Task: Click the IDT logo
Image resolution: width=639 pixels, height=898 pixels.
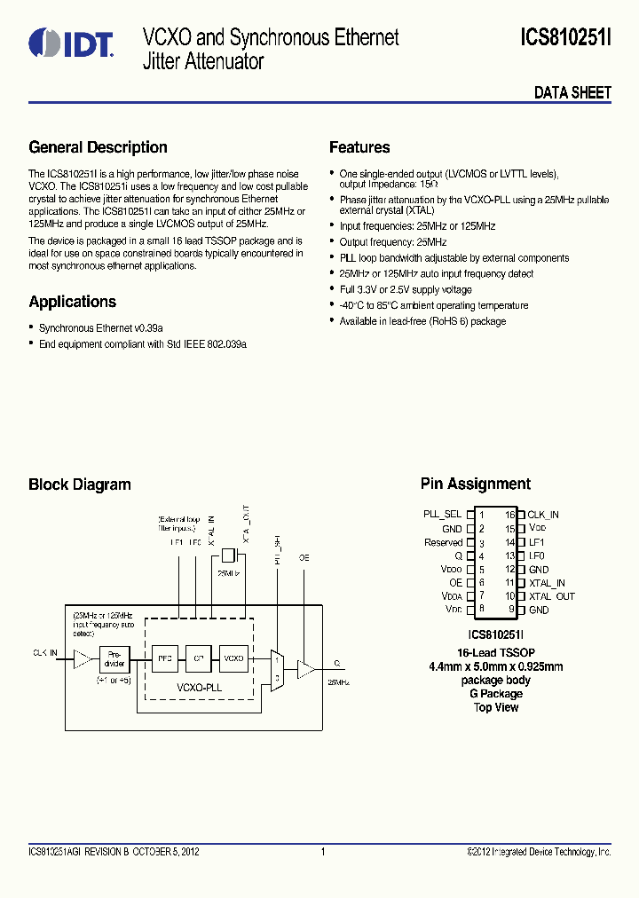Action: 70,43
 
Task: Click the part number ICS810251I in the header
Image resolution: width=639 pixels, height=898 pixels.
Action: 565,38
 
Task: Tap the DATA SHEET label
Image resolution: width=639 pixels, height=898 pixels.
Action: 572,92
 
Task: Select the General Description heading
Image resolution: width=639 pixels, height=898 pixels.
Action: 98,147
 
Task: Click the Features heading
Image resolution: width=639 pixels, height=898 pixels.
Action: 359,147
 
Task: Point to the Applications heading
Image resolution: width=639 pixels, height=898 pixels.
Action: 72,302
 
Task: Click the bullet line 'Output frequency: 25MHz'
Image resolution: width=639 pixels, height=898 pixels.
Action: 392,242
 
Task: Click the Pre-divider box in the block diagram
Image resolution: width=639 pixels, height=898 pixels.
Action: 114,659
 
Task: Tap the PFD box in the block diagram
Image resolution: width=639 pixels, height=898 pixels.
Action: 166,659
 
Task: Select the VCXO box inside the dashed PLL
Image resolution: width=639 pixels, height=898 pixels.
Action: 233,659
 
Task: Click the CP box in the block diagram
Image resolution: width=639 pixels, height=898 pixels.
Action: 200,659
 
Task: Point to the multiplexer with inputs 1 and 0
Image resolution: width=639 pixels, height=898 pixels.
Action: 277,667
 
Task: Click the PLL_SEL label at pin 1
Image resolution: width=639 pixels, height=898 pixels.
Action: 442,515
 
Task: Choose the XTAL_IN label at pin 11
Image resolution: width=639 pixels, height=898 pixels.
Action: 548,583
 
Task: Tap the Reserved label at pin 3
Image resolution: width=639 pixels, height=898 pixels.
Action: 443,542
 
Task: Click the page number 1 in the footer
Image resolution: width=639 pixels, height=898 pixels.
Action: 323,852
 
